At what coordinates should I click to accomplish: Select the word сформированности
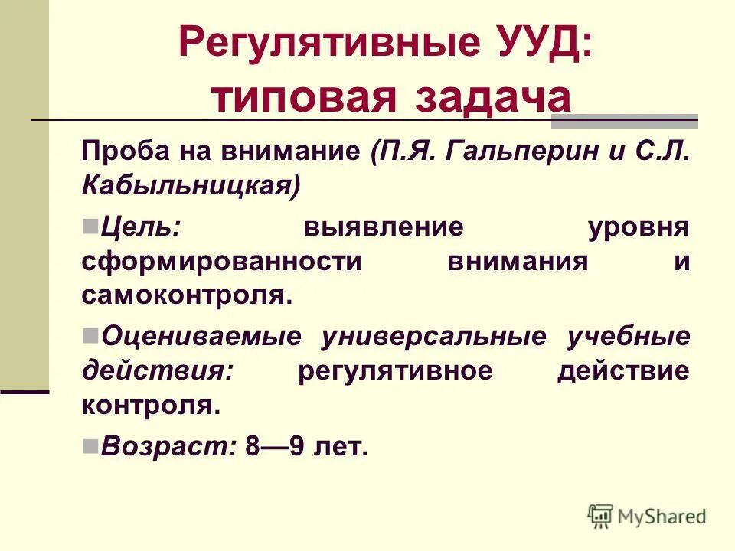pyautogui.click(x=221, y=261)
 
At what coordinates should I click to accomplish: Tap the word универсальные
pyautogui.click(x=433, y=337)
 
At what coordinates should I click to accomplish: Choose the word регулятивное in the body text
pyautogui.click(x=394, y=371)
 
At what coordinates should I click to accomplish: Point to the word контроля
pyautogui.click(x=151, y=405)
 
